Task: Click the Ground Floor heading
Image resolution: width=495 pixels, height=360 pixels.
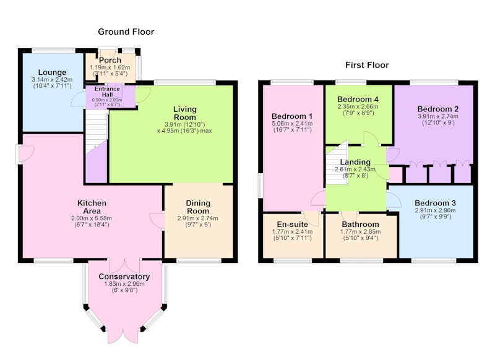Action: (126, 32)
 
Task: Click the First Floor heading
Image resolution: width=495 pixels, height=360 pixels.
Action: (367, 66)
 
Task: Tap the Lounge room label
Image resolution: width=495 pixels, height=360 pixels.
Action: (52, 72)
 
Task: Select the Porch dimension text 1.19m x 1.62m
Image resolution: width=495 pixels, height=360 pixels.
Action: (110, 67)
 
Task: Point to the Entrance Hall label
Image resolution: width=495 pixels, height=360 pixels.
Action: (107, 92)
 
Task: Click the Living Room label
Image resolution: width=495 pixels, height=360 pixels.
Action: (185, 113)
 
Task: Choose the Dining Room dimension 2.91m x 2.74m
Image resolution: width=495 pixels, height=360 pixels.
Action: (198, 218)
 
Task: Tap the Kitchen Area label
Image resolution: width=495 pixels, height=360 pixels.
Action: (92, 207)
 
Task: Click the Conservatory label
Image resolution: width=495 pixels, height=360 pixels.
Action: (124, 276)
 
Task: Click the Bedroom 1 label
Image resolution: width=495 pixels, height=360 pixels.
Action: (292, 116)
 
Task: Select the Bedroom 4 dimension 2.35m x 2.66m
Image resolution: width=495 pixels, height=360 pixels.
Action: (358, 106)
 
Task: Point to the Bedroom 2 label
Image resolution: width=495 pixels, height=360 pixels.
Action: (438, 109)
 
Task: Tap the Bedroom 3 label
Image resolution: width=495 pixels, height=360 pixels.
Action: (436, 203)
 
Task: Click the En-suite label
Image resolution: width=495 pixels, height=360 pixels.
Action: (292, 225)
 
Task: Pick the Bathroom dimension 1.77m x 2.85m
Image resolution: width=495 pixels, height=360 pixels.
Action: (360, 231)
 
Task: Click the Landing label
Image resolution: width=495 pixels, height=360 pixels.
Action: (355, 162)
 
